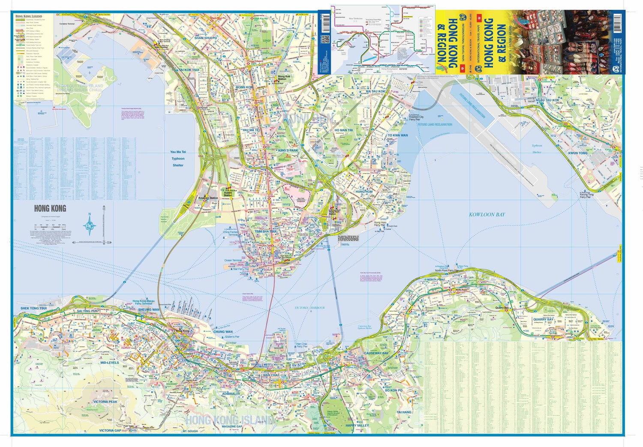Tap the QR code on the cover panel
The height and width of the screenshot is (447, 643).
pyautogui.click(x=325, y=39)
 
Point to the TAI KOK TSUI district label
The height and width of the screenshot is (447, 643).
pyautogui.click(x=189, y=70)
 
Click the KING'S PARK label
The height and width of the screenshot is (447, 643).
pyautogui.click(x=288, y=150)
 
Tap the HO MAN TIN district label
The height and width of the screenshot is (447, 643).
pyautogui.click(x=343, y=130)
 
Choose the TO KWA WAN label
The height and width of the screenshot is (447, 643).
pyautogui.click(x=397, y=135)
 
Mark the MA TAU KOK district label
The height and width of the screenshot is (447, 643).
pyautogui.click(x=376, y=91)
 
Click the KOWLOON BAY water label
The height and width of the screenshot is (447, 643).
pyautogui.click(x=487, y=214)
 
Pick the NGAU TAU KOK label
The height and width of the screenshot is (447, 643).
pyautogui.click(x=547, y=100)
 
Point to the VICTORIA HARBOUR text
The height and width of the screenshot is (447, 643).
pyautogui.click(x=309, y=308)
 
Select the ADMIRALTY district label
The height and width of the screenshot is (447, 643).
pyautogui.click(x=231, y=393)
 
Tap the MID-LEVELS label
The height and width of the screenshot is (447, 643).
pyautogui.click(x=109, y=363)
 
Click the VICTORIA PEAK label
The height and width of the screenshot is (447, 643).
pyautogui.click(x=105, y=402)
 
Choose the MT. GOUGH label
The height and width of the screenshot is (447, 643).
pyautogui.click(x=190, y=431)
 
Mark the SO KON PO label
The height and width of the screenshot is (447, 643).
pyautogui.click(x=393, y=390)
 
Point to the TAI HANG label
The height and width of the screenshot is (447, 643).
pyautogui.click(x=404, y=412)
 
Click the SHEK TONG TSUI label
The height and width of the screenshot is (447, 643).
pyautogui.click(x=33, y=308)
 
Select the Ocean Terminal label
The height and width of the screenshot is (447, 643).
pyautogui.click(x=233, y=260)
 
